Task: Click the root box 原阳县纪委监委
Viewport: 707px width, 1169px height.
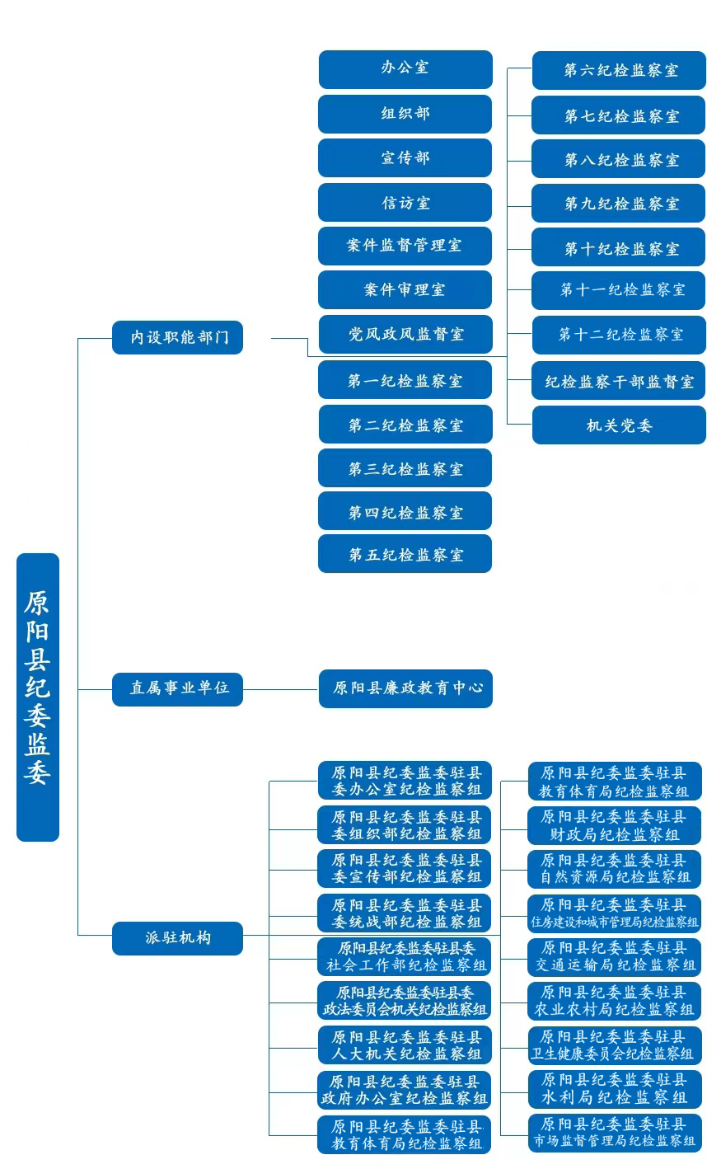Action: point(38,697)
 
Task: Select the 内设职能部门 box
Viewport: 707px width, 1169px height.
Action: point(177,337)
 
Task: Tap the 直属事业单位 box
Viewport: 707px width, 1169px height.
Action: point(177,688)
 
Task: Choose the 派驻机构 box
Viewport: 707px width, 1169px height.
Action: point(177,938)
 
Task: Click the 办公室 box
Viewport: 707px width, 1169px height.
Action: point(405,69)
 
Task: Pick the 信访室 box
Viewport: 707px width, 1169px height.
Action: point(405,203)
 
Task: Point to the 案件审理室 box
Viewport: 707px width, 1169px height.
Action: point(405,290)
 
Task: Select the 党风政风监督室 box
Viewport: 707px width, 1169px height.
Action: point(405,335)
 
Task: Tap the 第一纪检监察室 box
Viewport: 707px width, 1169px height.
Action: point(405,380)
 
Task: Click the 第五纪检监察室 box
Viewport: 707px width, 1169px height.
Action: point(405,554)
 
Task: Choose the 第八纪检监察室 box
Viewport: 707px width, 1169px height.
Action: point(619,159)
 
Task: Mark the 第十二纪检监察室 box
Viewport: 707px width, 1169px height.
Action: point(619,335)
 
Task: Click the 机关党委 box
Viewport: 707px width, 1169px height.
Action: point(619,425)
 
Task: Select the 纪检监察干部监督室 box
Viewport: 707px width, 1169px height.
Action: point(619,381)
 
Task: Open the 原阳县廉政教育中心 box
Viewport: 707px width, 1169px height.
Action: point(405,688)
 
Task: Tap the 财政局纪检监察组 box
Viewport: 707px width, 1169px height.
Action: point(615,825)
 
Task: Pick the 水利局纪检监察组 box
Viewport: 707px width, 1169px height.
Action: point(615,1089)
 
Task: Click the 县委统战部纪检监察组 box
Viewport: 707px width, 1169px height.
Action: point(405,913)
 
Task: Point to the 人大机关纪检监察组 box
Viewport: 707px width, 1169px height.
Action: point(405,1045)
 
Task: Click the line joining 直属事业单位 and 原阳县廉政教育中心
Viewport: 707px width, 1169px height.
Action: point(280,688)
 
